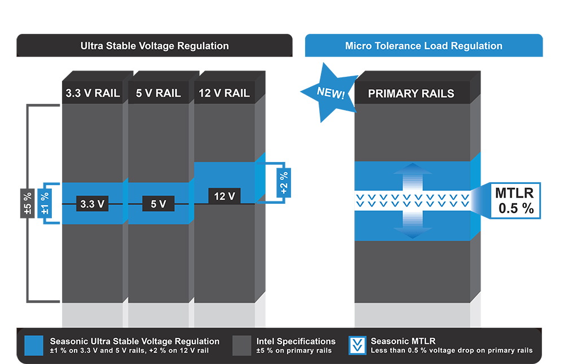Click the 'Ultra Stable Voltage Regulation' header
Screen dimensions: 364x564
click(155, 46)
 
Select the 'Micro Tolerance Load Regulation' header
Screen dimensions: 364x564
click(424, 46)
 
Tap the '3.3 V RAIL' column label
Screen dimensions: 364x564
click(92, 93)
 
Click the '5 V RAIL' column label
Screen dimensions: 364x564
click(158, 93)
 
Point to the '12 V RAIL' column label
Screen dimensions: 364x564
click(224, 93)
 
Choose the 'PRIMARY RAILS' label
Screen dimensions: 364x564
click(411, 94)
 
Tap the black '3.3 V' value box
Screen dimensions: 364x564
click(92, 204)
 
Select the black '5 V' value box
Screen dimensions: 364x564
click(158, 204)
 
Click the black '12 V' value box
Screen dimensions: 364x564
click(224, 196)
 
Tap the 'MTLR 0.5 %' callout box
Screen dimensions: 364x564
click(514, 200)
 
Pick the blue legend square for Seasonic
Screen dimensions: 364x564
click(34, 346)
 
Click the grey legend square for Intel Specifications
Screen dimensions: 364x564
click(241, 346)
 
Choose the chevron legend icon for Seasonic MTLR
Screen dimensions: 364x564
click(356, 346)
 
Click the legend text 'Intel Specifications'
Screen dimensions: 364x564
click(296, 341)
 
